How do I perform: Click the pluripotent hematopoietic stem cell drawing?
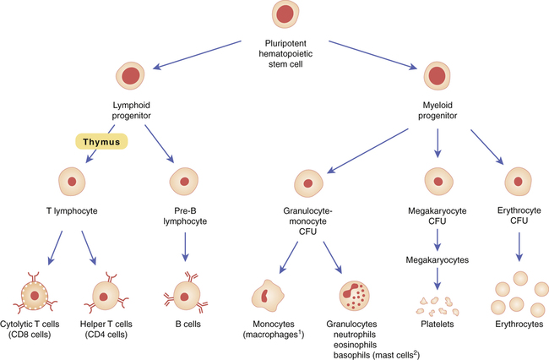click(285, 15)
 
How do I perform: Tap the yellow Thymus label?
click(101, 141)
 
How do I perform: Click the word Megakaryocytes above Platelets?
click(438, 259)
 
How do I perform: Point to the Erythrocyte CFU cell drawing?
click(517, 183)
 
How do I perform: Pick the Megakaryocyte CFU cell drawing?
click(437, 183)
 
